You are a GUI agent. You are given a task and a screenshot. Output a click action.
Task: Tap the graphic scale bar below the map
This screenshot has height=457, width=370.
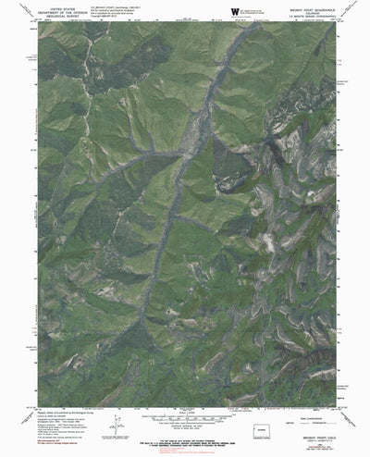[186, 425]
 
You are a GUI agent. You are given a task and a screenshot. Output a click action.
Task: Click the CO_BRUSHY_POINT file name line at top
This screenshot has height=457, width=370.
[139, 6]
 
